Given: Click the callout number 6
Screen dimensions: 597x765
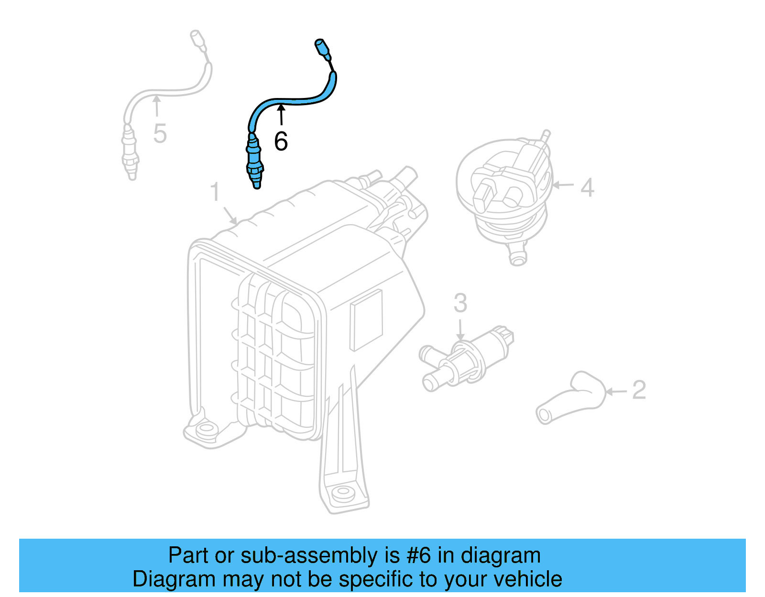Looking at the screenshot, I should [x=281, y=141].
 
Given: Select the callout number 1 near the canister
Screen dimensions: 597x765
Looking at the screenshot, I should [x=215, y=192].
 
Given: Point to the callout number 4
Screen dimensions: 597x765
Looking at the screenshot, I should [x=587, y=187].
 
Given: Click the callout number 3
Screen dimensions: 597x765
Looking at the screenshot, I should [x=460, y=303].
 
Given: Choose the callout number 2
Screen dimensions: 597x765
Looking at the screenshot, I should [x=639, y=390].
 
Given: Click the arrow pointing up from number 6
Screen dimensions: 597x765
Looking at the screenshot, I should [x=282, y=115].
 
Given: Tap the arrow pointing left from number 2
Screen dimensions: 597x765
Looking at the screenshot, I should [x=616, y=392].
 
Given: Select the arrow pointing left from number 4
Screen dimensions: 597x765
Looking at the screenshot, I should [x=563, y=185].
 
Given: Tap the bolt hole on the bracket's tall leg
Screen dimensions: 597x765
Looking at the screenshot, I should [x=342, y=492].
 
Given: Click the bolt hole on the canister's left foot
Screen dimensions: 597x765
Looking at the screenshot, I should [x=206, y=428].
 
